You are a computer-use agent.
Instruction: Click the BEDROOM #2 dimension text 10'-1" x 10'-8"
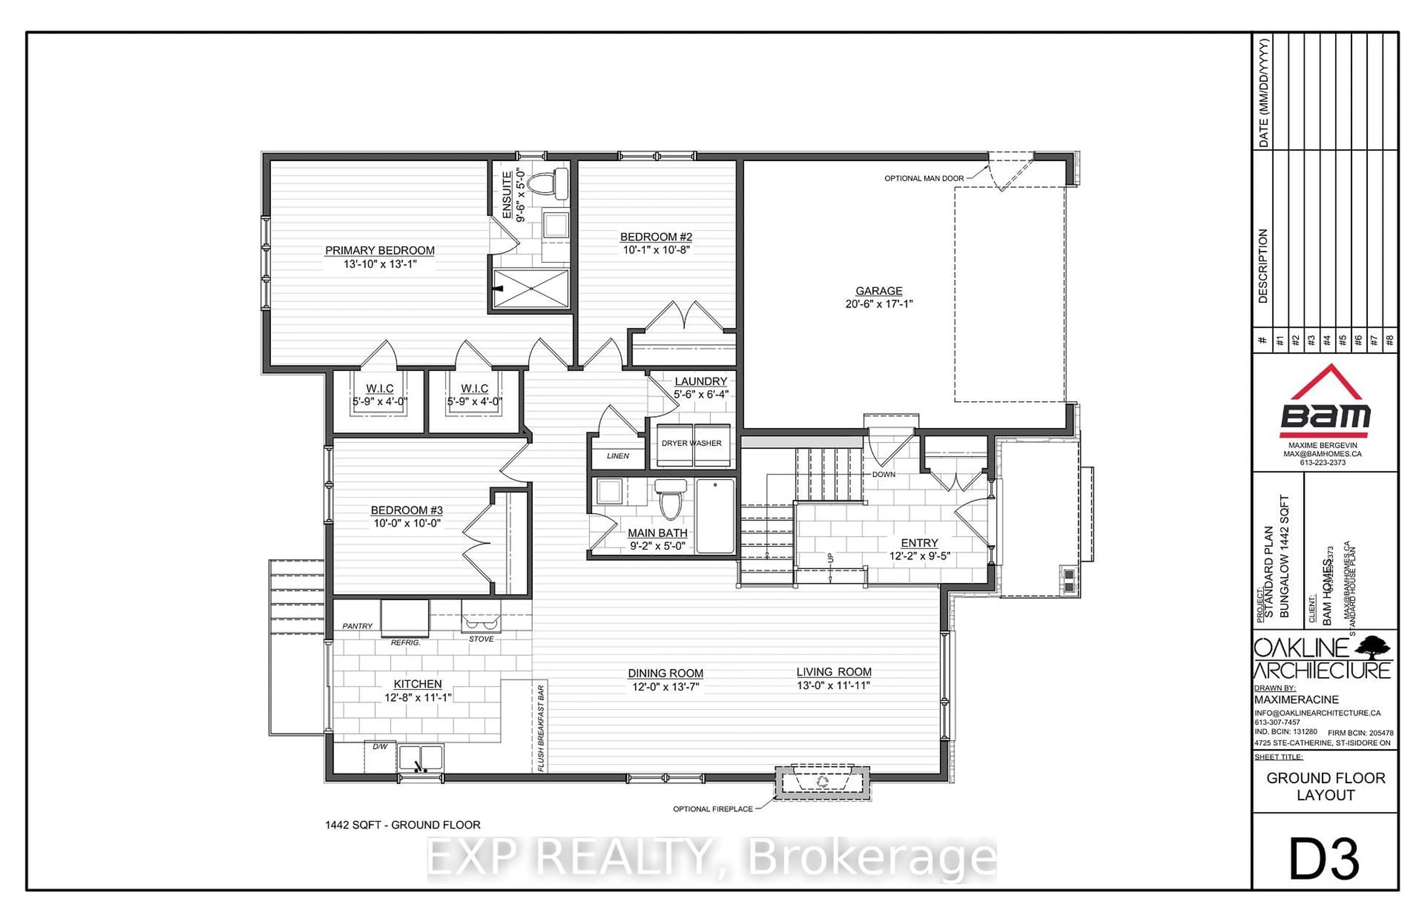[x=656, y=250]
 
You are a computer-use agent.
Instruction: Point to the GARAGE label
[x=878, y=291]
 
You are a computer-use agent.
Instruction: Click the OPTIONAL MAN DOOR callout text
[x=924, y=178]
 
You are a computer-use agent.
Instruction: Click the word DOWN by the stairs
[x=883, y=474]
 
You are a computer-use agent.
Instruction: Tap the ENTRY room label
[x=919, y=543]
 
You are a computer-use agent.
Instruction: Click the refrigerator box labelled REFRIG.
[x=405, y=619]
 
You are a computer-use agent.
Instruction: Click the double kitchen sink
[x=421, y=758]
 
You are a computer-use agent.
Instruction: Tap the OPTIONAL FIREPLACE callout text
[x=712, y=809]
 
